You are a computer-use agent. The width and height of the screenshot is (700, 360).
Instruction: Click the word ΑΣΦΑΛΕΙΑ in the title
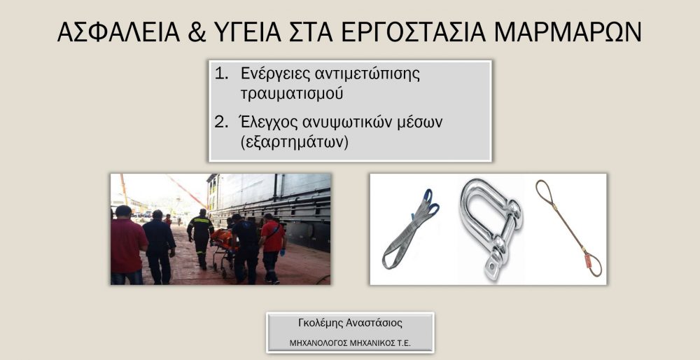click(x=118, y=32)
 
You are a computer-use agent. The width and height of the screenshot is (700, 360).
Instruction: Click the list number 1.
click(x=221, y=74)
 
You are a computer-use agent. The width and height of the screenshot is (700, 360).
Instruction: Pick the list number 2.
click(x=221, y=122)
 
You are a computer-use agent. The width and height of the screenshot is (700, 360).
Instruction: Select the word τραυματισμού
click(x=292, y=95)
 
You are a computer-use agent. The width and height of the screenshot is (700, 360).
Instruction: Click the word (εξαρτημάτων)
click(x=294, y=144)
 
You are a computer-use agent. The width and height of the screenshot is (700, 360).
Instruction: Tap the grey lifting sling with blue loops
click(x=409, y=229)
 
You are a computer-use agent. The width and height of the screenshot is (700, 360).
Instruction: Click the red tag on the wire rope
click(x=588, y=261)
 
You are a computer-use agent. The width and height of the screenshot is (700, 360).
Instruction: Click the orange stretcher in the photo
click(x=222, y=240)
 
